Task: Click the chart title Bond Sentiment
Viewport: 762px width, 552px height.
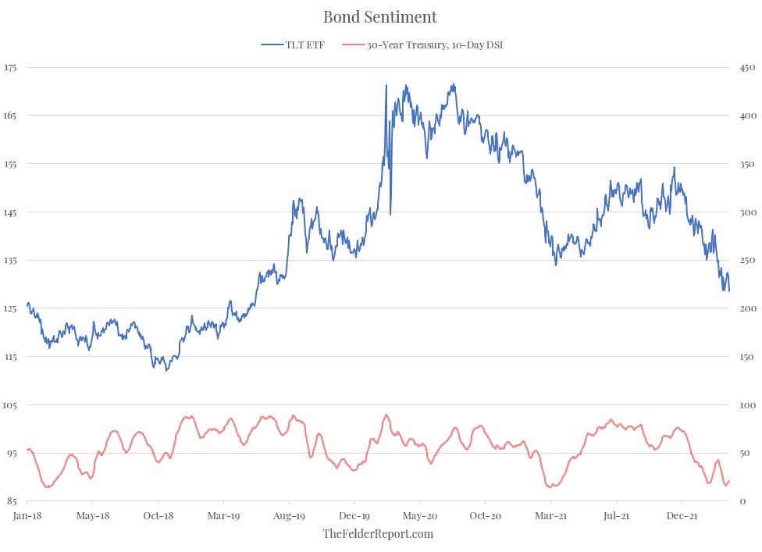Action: pos(380,16)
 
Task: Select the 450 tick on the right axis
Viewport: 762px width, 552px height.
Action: pos(746,68)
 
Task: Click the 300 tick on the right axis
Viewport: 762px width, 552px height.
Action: pos(746,212)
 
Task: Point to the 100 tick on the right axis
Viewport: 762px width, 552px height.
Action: pos(746,405)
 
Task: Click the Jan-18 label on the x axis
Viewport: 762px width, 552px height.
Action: pos(27,515)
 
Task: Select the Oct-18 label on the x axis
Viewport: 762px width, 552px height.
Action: pos(158,515)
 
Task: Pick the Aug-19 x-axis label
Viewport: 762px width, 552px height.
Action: pos(289,515)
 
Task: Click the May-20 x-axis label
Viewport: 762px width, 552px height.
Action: pos(420,515)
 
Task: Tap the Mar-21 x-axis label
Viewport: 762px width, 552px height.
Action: pos(551,515)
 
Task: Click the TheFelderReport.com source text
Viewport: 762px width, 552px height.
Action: pos(378,534)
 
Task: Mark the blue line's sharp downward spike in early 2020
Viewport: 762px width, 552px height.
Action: pos(390,213)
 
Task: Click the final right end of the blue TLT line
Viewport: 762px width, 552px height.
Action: pos(729,290)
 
